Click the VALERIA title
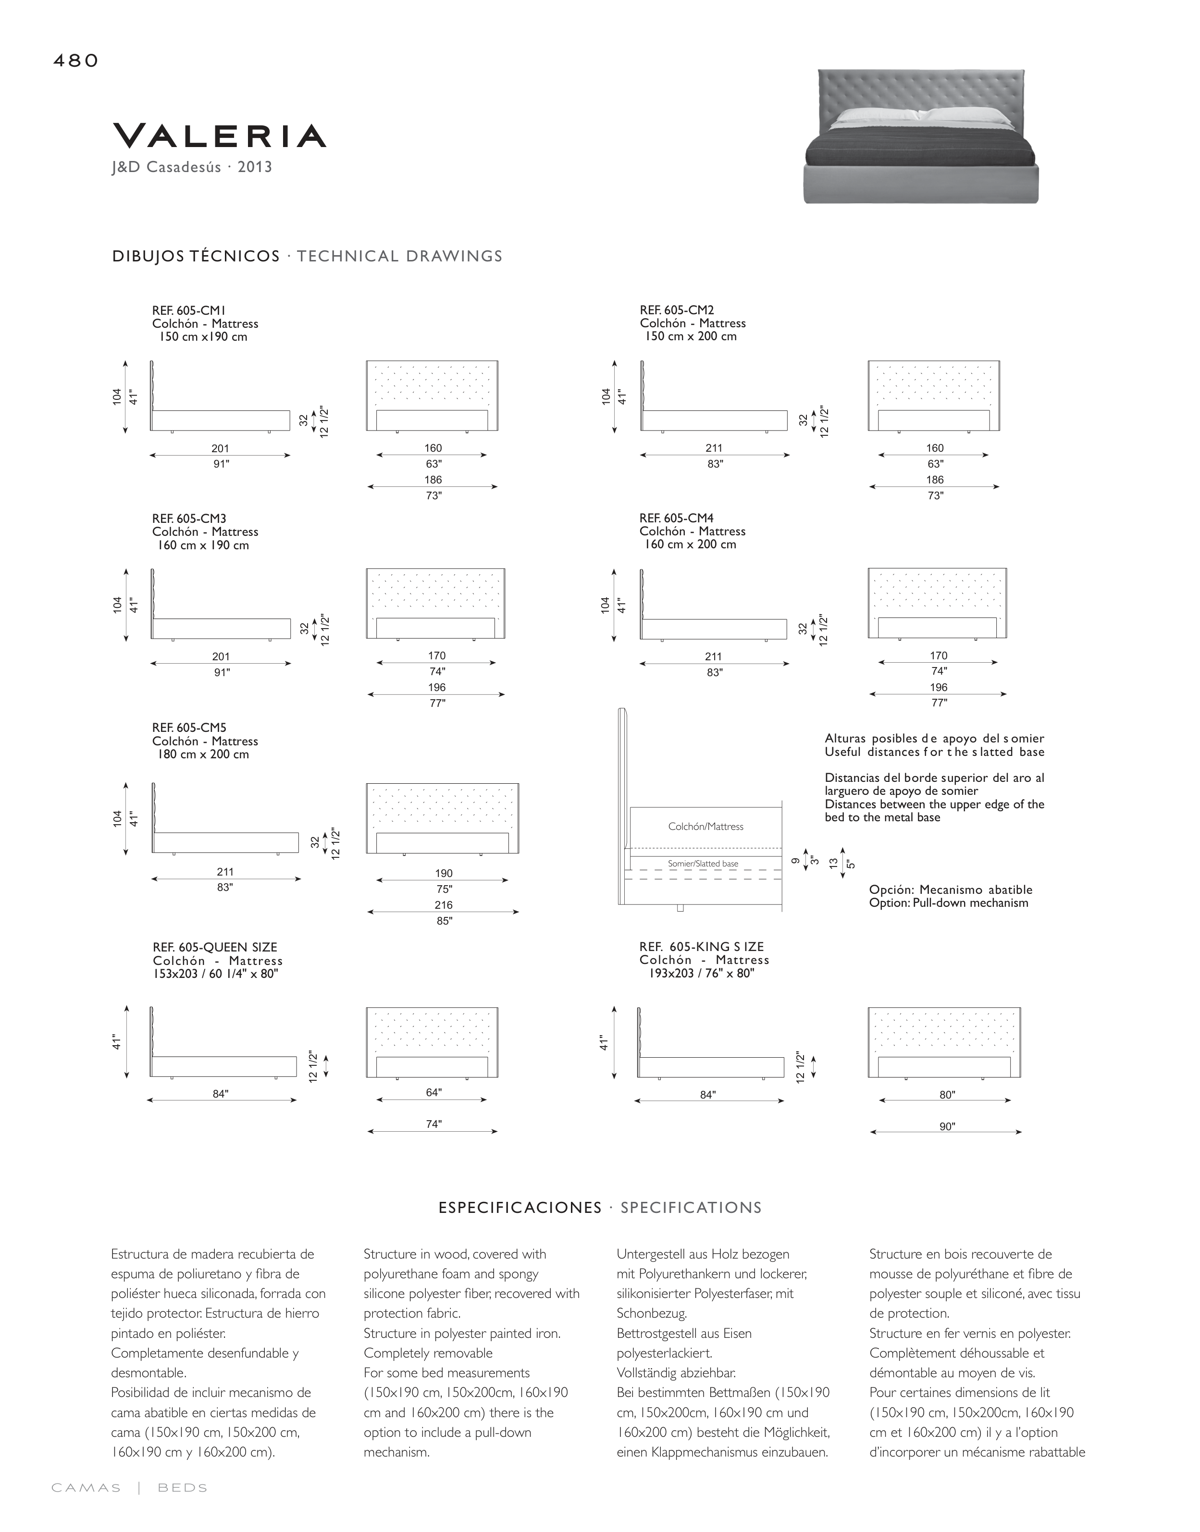pos(219,136)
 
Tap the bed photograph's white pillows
pos(920,116)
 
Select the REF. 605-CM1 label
pos(189,310)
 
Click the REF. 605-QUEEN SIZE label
pos(215,947)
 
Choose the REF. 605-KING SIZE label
pos(701,947)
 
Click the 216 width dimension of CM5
pos(443,905)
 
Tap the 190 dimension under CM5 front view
pos(443,873)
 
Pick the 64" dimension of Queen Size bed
pos(433,1092)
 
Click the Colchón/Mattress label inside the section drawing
pos(705,827)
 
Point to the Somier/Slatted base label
pos(703,864)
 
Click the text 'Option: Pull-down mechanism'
pos(949,903)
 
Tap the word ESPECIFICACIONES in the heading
pos(520,1208)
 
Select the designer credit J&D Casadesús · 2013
pos(192,167)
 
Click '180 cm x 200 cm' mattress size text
pos(203,754)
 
